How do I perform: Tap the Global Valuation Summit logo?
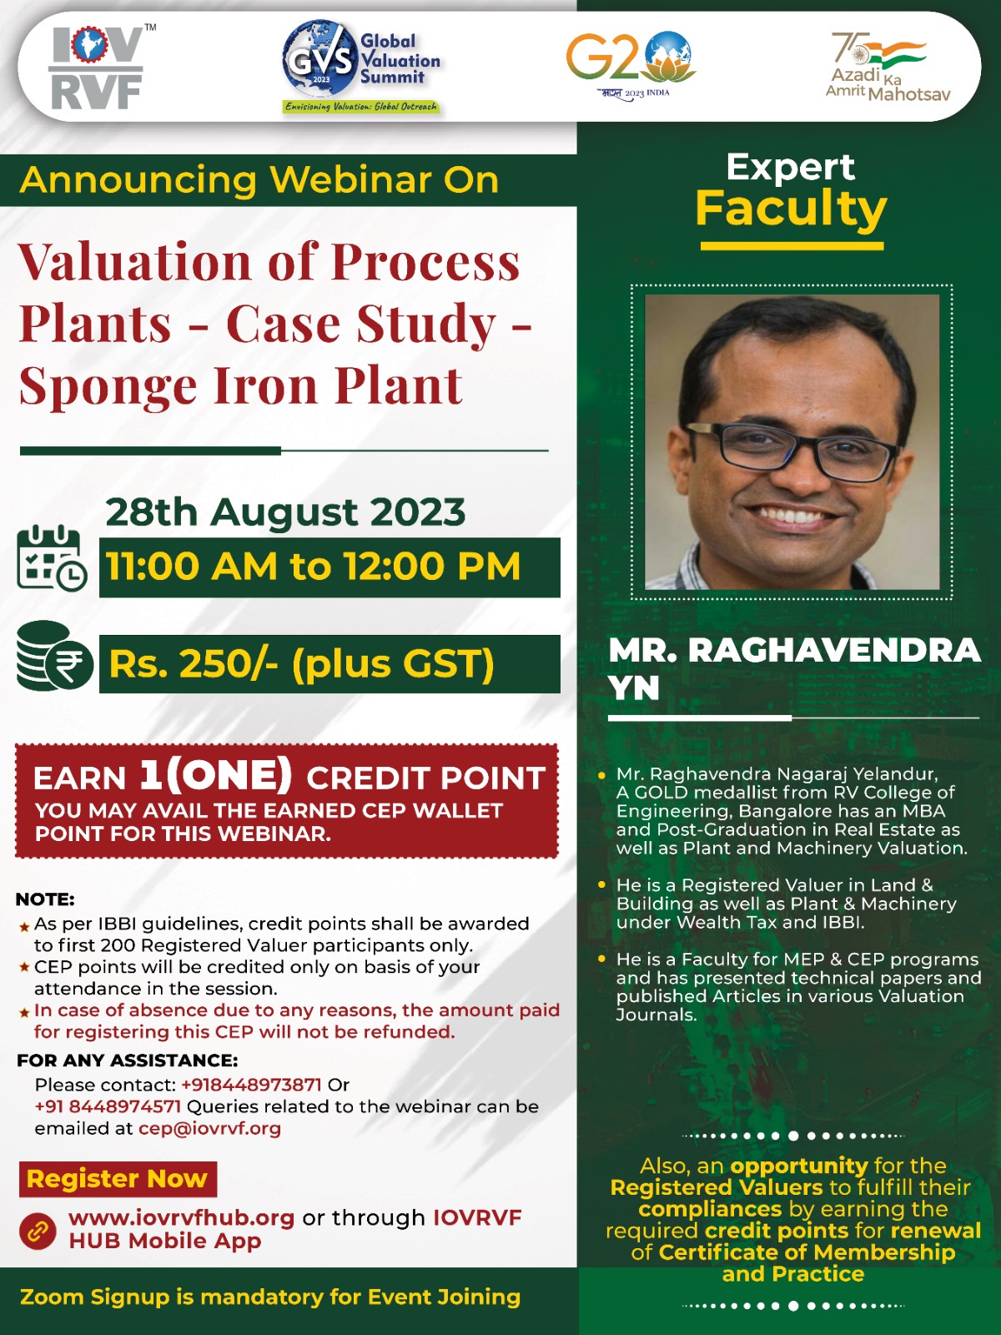pyautogui.click(x=362, y=67)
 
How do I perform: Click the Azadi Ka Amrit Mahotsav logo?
pyautogui.click(x=888, y=67)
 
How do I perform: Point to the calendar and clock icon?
pyautogui.click(x=52, y=557)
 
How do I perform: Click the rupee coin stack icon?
pyautogui.click(x=54, y=656)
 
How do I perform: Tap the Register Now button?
pyautogui.click(x=118, y=1178)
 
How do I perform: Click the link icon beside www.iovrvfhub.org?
pyautogui.click(x=38, y=1231)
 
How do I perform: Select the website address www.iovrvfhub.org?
pyautogui.click(x=181, y=1217)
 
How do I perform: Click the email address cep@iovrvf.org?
pyautogui.click(x=209, y=1129)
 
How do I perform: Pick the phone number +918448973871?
pyautogui.click(x=251, y=1085)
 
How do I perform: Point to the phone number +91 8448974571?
pyautogui.click(x=108, y=1106)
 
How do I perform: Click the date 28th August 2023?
pyautogui.click(x=285, y=511)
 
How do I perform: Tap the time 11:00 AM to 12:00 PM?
pyautogui.click(x=313, y=567)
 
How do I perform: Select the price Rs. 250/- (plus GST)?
pyautogui.click(x=301, y=663)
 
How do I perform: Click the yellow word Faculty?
pyautogui.click(x=791, y=209)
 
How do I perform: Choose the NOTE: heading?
pyautogui.click(x=44, y=899)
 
